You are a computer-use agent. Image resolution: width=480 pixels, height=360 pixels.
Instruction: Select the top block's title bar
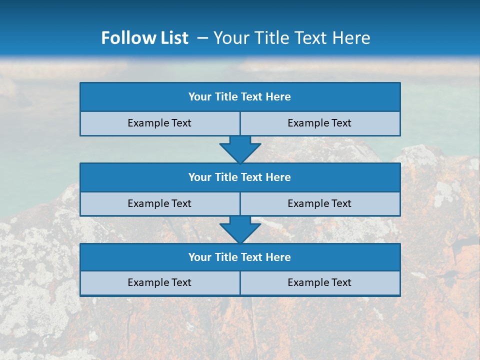[x=240, y=97]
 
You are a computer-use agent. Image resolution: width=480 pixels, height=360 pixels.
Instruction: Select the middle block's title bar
[x=240, y=177]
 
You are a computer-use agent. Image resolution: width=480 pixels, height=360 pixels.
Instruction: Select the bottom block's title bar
[x=240, y=257]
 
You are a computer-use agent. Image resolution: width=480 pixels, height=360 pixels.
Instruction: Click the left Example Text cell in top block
[x=159, y=123]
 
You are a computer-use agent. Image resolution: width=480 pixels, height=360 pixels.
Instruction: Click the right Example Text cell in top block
[x=319, y=123]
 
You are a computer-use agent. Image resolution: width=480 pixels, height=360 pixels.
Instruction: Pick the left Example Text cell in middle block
[x=159, y=203]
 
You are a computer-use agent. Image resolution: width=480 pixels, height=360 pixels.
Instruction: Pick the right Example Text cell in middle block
[x=319, y=203]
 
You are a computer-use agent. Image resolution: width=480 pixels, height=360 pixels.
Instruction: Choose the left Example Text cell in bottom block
[x=159, y=283]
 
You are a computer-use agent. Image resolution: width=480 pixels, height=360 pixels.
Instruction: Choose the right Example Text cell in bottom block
[x=319, y=283]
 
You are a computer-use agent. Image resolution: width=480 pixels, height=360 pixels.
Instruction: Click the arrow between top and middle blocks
[x=240, y=149]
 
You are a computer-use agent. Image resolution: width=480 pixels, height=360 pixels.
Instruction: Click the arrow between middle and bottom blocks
[x=240, y=229]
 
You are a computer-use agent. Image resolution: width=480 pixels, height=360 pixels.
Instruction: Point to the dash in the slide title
[x=202, y=38]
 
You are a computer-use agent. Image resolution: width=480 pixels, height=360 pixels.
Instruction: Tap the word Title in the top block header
[x=226, y=97]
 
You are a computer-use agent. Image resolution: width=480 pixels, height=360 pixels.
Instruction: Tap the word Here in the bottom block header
[x=278, y=257]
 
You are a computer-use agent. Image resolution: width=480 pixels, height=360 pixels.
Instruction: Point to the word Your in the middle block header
[x=199, y=177]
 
